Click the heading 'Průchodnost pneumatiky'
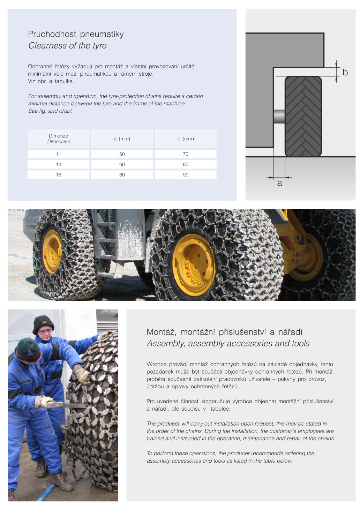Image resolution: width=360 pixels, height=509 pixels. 76,34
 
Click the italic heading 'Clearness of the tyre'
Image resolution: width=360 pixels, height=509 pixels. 67,46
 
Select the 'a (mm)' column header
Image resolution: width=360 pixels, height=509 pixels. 122,139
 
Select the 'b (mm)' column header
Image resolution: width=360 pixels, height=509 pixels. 185,139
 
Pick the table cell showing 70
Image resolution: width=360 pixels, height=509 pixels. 185,154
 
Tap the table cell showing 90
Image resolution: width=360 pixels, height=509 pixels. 185,175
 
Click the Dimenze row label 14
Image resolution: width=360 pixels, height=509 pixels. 59,164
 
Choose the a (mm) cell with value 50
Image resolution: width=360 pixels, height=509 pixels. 122,154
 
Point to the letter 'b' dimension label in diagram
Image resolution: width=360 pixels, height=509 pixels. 345,72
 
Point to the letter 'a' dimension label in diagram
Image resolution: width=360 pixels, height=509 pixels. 279,183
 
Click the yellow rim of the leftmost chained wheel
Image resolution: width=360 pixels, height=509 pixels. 52,252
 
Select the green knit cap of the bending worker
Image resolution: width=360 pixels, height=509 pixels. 28,349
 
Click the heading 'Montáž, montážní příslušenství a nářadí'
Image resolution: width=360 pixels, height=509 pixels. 224,332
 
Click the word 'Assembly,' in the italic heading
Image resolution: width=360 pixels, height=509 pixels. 166,344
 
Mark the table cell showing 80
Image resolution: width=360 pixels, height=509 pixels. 185,164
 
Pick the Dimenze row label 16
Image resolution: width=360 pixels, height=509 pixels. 59,175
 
